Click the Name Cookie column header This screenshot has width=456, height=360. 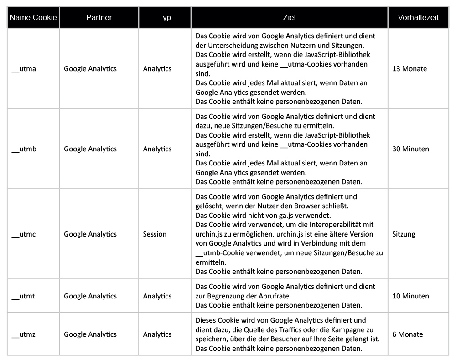click(33, 18)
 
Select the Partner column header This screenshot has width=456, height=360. click(99, 18)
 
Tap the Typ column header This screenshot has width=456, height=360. click(165, 18)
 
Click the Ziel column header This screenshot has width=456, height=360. click(289, 18)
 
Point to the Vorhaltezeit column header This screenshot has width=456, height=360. click(418, 18)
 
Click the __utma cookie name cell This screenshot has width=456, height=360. click(24, 69)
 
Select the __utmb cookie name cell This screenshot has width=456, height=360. click(24, 149)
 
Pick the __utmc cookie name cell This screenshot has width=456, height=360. click(24, 234)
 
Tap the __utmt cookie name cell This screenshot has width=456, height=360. click(23, 296)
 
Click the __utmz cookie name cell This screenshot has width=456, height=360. click(24, 334)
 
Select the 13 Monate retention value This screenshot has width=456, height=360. click(409, 69)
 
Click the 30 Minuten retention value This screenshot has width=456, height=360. click(410, 149)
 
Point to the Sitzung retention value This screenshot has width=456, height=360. click(404, 234)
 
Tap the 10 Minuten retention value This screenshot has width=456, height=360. click(410, 296)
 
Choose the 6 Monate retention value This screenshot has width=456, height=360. click(407, 334)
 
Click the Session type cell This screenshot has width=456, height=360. click(155, 234)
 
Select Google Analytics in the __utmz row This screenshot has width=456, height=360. click(90, 334)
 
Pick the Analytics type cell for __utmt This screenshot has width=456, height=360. click(157, 296)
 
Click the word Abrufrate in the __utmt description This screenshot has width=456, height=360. click(275, 296)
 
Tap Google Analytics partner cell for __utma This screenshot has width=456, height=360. click(90, 69)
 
